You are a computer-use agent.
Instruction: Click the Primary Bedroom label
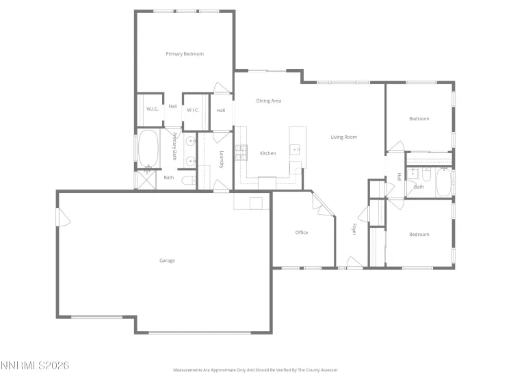(185, 54)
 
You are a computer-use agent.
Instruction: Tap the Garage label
(167, 261)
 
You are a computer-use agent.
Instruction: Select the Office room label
(302, 233)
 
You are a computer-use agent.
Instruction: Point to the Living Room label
(344, 137)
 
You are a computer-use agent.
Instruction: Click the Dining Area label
(269, 101)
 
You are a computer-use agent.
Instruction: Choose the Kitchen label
(267, 153)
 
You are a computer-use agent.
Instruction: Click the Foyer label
(354, 229)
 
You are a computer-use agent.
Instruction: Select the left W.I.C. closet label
(152, 109)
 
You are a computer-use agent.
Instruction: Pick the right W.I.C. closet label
(193, 109)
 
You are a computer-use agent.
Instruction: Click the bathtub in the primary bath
(149, 150)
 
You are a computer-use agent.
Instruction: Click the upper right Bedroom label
(419, 118)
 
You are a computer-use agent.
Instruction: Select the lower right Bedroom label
(419, 235)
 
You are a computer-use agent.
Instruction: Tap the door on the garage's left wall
(62, 218)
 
